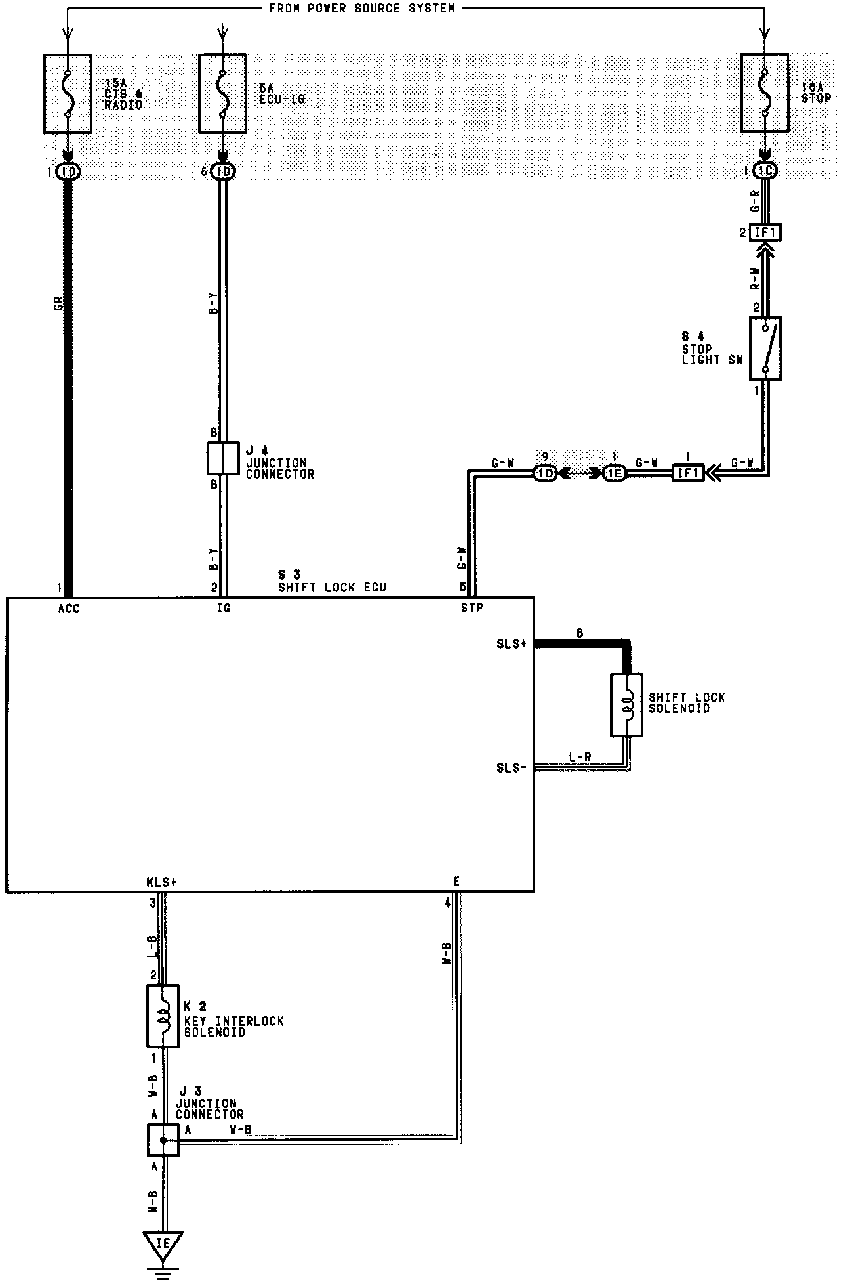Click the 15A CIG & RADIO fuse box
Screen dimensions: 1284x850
(x=67, y=93)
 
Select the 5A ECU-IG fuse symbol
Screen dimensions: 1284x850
(x=222, y=93)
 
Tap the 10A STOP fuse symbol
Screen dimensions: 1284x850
(x=764, y=93)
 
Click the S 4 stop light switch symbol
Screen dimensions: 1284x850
(x=765, y=349)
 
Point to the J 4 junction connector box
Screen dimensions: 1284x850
(x=223, y=458)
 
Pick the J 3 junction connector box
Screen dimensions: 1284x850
(x=163, y=1140)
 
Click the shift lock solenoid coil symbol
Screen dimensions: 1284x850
(x=626, y=704)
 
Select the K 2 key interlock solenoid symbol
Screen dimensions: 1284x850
(x=163, y=1016)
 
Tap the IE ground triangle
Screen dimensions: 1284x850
(x=163, y=1243)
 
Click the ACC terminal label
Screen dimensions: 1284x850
(x=69, y=609)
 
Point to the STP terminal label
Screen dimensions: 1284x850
(x=472, y=608)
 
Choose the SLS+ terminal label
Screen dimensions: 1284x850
(x=512, y=644)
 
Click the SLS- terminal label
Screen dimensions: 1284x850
(x=512, y=767)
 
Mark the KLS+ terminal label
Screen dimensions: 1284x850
(x=162, y=882)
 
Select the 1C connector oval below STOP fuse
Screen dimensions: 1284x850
(x=765, y=171)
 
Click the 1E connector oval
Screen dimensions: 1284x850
(x=615, y=473)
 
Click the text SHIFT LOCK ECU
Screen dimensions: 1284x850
(x=332, y=588)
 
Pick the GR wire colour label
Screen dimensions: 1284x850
(x=58, y=304)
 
